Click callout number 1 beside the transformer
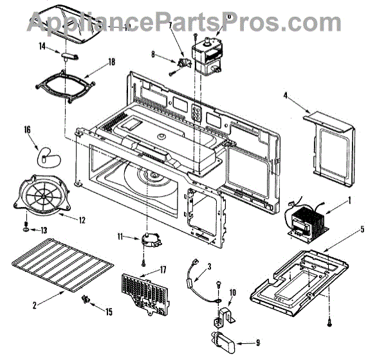pyautogui.click(x=349, y=200)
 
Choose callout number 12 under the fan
pyautogui.click(x=82, y=221)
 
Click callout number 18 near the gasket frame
pyautogui.click(x=112, y=62)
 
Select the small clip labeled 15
pyautogui.click(x=86, y=299)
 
